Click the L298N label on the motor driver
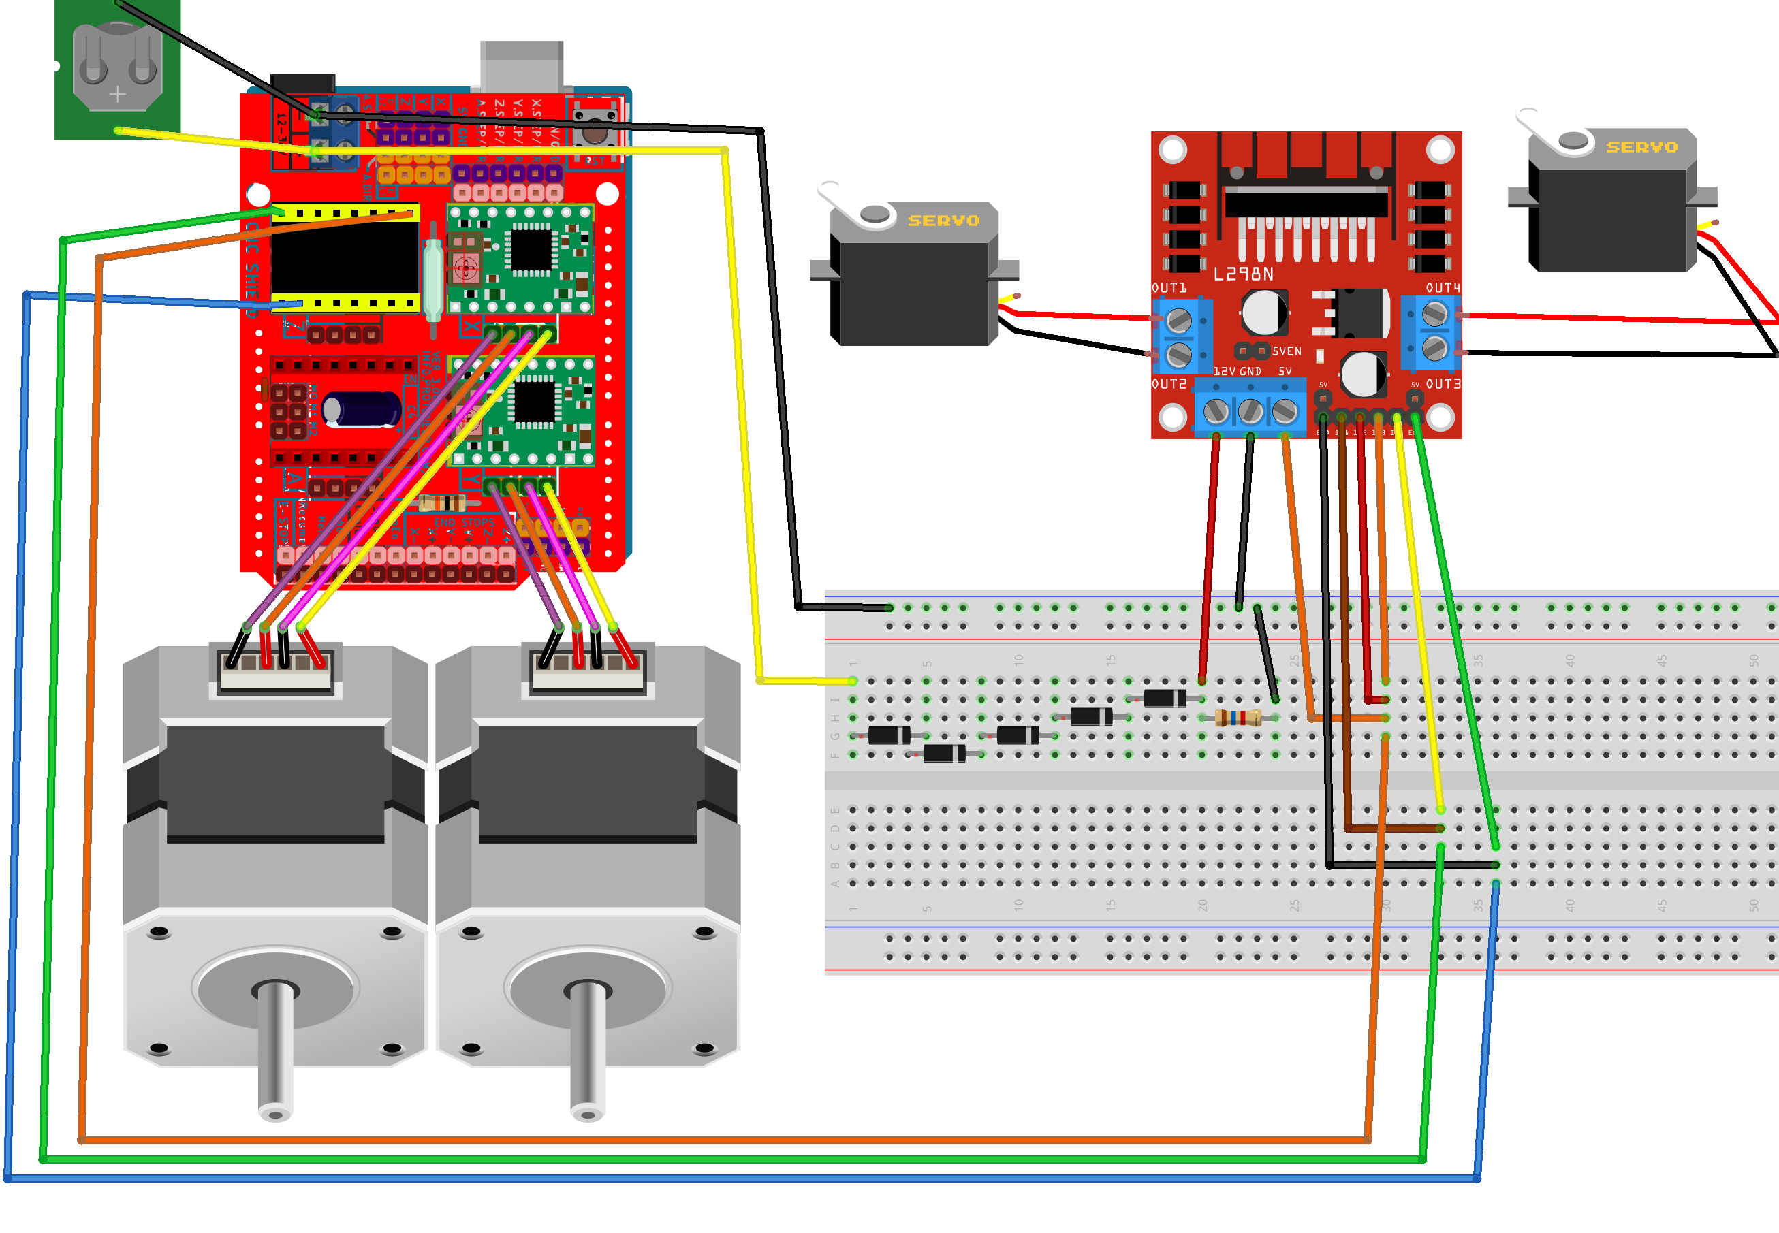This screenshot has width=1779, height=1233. (x=1243, y=274)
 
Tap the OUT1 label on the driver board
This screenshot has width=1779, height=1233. (x=1169, y=287)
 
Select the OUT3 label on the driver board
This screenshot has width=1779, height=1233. (x=1442, y=384)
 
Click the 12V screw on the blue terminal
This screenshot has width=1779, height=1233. (x=1216, y=411)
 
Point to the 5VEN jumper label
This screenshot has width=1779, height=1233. (x=1287, y=351)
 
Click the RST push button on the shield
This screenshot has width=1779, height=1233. (x=595, y=131)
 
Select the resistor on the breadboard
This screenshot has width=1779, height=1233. (x=1238, y=718)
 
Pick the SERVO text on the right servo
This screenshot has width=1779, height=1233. (x=1641, y=147)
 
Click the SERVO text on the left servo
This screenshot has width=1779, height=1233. (x=943, y=220)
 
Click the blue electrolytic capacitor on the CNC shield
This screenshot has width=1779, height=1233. (x=361, y=409)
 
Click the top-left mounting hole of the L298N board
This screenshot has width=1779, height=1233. (x=1172, y=149)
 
